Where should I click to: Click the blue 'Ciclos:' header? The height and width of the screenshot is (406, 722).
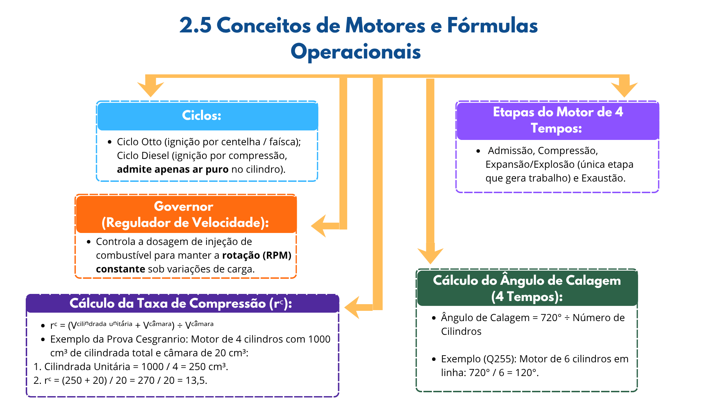click(202, 115)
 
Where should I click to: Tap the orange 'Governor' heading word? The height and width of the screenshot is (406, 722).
click(183, 206)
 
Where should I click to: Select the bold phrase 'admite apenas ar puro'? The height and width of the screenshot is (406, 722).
click(173, 170)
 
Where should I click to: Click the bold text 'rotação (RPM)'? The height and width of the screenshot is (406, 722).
click(257, 255)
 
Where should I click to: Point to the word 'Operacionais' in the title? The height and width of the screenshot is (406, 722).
click(356, 52)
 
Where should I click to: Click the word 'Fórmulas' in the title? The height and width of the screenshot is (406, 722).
click(492, 26)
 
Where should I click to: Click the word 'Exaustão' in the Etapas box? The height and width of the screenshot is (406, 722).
click(603, 178)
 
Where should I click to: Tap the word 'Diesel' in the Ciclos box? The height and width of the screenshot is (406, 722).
click(155, 156)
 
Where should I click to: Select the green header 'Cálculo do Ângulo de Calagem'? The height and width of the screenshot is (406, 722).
click(527, 281)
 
